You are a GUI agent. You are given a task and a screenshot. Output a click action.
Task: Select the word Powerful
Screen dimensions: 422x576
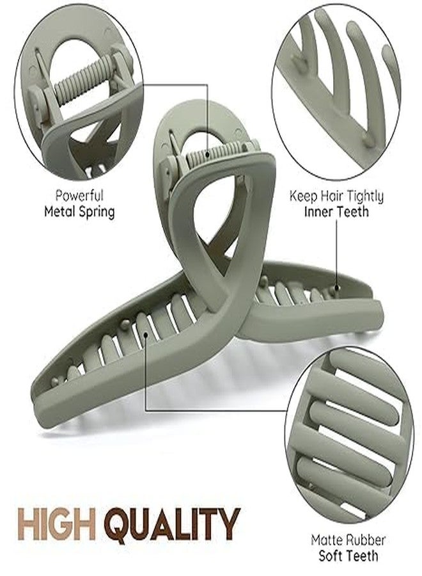(x=79, y=195)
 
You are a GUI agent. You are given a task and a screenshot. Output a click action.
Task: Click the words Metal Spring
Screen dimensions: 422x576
(x=79, y=212)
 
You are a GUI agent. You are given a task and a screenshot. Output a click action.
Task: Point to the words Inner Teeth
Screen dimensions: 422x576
(x=336, y=212)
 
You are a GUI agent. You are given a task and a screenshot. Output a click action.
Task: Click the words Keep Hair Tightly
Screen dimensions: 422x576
(x=336, y=196)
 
